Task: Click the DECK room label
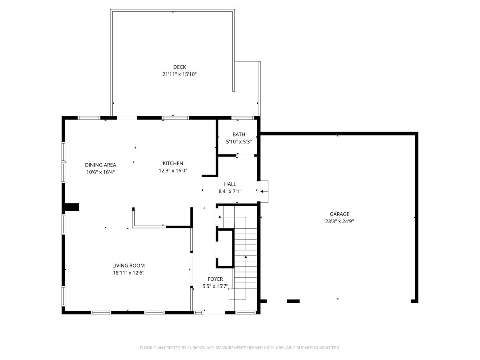pos(180,67)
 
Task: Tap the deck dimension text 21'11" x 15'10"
pos(180,74)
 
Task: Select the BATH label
pos(239,134)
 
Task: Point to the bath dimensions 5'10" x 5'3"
pos(239,141)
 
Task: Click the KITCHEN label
pos(173,163)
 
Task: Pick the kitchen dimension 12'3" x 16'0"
pos(173,170)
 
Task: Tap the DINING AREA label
pos(100,165)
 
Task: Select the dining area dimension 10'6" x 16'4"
pos(100,172)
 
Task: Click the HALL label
pos(230,184)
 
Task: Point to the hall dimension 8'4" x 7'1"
pos(230,191)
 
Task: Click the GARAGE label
pos(339,214)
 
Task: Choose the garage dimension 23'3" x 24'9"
pos(339,221)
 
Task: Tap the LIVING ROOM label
pos(128,266)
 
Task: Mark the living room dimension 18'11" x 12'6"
pos(128,273)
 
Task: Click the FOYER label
pos(215,279)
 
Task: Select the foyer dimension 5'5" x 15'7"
pos(215,286)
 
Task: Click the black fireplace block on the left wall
pos(72,207)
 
